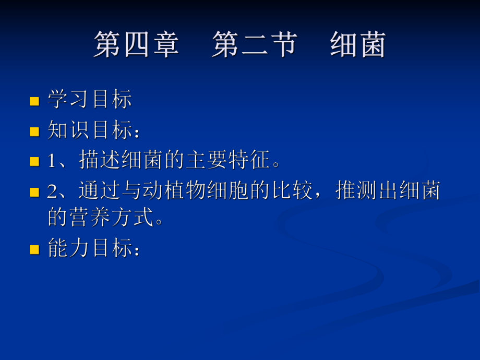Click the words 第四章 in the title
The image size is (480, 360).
point(136,44)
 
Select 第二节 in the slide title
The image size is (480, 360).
point(254,44)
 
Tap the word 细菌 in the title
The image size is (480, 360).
point(358,44)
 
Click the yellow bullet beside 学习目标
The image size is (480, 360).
point(35,101)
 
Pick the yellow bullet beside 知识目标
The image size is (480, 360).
point(35,131)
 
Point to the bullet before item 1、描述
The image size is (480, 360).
point(35,161)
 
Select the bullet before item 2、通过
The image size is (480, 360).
point(35,192)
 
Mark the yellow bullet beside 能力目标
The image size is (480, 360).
point(35,249)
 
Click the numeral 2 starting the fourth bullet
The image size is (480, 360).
point(52,191)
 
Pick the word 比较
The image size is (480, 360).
point(292,191)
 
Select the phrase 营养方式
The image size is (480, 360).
point(111,217)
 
